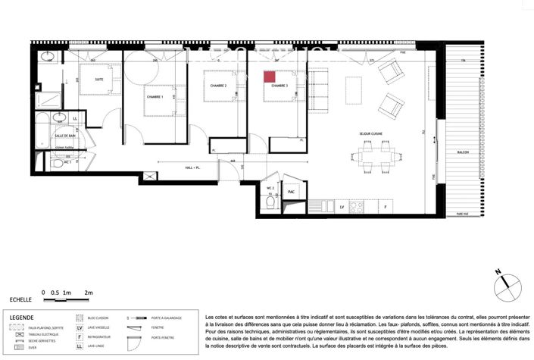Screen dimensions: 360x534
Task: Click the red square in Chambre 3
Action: click(269, 77)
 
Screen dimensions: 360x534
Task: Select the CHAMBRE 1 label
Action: click(155, 97)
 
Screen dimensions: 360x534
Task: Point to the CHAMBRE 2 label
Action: click(219, 86)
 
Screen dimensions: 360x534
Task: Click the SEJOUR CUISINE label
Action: click(374, 135)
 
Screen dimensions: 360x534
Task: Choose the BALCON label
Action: click(463, 152)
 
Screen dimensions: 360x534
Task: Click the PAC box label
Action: click(291, 193)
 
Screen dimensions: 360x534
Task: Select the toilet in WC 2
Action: click(270, 203)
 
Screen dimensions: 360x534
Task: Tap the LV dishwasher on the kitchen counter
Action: click(342, 205)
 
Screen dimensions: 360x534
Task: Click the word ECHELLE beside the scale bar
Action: click(20, 300)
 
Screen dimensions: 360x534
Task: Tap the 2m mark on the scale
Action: click(89, 292)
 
